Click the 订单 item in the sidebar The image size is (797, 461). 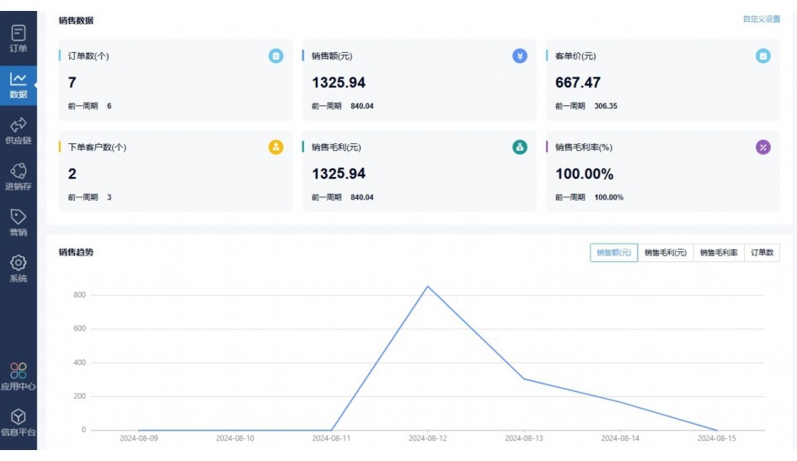(x=19, y=38)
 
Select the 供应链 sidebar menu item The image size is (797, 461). (x=19, y=130)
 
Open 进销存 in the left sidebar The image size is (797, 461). (x=19, y=176)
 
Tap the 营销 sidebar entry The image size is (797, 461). (x=19, y=222)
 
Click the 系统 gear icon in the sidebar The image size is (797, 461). (x=19, y=263)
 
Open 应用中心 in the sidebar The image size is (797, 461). (x=19, y=376)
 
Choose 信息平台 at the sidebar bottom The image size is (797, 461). (x=19, y=422)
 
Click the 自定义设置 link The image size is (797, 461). (x=761, y=19)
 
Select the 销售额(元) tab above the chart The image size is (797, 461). (x=613, y=253)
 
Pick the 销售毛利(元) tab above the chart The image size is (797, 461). (x=666, y=253)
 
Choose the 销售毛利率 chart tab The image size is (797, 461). (x=719, y=253)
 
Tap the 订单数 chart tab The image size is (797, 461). (x=762, y=253)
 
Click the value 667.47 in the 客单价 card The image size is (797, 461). (x=578, y=83)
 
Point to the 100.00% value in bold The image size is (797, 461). (x=584, y=174)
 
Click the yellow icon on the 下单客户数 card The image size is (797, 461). (x=275, y=147)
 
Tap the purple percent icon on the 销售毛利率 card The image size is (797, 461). (x=763, y=147)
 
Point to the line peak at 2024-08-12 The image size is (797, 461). (x=428, y=287)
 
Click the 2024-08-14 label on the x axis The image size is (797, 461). (x=620, y=438)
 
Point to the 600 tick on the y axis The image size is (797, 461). (x=79, y=329)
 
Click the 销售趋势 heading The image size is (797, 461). (x=76, y=252)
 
